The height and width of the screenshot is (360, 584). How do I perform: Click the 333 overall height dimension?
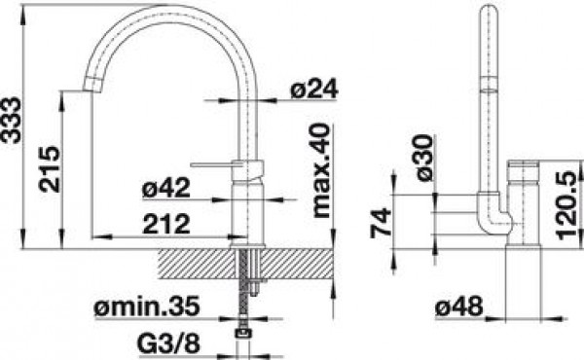tap(10, 120)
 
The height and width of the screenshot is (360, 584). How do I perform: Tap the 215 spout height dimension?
tap(50, 169)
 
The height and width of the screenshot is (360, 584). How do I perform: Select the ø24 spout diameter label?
tap(314, 89)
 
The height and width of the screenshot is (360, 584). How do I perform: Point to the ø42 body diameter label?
tap(166, 188)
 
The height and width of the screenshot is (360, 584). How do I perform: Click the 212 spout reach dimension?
tap(166, 225)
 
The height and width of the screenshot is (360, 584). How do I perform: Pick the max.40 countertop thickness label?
tap(321, 171)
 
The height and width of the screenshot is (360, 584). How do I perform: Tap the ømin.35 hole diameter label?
tap(147, 306)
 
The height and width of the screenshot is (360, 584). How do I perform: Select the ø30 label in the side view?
tap(423, 158)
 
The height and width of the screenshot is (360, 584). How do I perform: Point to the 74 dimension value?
tap(381, 223)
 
